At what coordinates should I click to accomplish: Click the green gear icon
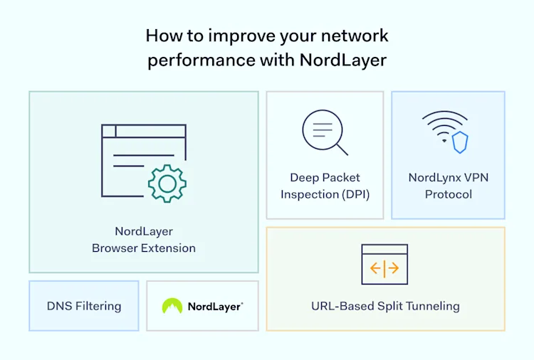pyautogui.click(x=167, y=184)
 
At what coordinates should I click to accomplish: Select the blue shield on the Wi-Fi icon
pyautogui.click(x=460, y=142)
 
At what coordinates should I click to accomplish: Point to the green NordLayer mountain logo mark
pyautogui.click(x=172, y=306)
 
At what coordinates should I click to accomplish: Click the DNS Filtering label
pyautogui.click(x=84, y=306)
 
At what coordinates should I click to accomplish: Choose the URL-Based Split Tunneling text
pyautogui.click(x=385, y=307)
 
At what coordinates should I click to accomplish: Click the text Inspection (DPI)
pyautogui.click(x=325, y=194)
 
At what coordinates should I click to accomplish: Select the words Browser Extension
pyautogui.click(x=144, y=248)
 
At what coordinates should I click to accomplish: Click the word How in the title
pyautogui.click(x=160, y=35)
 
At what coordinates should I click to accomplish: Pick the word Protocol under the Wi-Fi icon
pyautogui.click(x=449, y=194)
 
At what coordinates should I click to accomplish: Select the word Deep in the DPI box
pyautogui.click(x=304, y=177)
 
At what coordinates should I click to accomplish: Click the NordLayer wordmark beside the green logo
pyautogui.click(x=215, y=307)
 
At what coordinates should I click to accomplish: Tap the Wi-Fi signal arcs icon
pyautogui.click(x=444, y=125)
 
